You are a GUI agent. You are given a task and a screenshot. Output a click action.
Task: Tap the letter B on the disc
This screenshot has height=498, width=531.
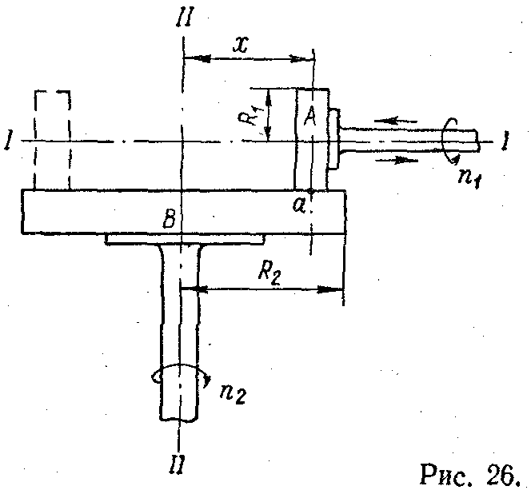point(169,219)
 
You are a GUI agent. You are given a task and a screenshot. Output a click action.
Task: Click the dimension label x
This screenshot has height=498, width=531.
point(240,45)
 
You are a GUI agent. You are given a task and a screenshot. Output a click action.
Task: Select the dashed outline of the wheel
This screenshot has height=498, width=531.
point(52,140)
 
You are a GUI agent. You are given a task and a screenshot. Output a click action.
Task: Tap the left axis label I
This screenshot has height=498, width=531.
point(8,142)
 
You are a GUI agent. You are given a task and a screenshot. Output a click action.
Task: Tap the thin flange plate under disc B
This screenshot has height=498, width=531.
point(184,241)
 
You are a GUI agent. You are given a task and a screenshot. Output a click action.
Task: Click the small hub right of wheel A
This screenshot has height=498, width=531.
point(334,140)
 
